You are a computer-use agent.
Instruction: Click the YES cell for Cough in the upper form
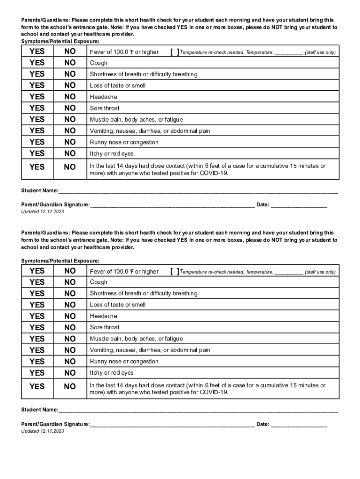click(x=37, y=63)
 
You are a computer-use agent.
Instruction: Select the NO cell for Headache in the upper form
click(x=70, y=97)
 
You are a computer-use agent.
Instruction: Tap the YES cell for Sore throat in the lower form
click(x=37, y=327)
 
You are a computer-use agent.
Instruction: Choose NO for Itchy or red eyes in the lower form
click(x=70, y=373)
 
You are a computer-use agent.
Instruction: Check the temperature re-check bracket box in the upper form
click(x=175, y=52)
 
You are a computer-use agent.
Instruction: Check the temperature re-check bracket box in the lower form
click(x=175, y=271)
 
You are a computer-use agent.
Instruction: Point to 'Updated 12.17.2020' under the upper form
click(x=43, y=212)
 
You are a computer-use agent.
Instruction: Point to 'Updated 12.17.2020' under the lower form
click(x=43, y=431)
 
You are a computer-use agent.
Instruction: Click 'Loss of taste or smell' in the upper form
click(x=118, y=86)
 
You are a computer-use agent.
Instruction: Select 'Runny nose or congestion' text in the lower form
click(x=124, y=362)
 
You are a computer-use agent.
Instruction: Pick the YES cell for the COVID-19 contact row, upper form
click(x=37, y=167)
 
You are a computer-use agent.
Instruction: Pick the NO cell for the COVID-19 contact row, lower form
click(x=70, y=386)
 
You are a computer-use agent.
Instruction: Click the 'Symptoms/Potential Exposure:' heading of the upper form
click(x=60, y=41)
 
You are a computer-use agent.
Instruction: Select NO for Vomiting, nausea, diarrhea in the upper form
click(x=70, y=131)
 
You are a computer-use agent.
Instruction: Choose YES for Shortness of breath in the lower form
click(x=37, y=293)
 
